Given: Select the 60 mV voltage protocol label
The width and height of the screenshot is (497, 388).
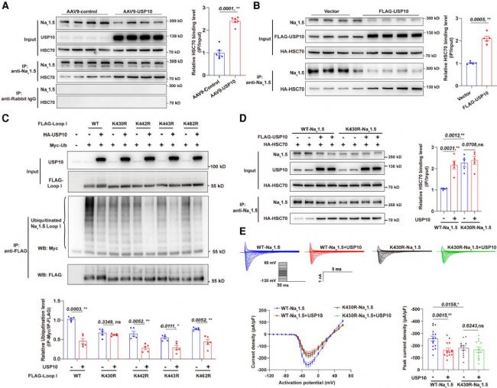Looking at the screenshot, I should [x=281, y=262].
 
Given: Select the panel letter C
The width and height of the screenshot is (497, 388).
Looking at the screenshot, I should [x=6, y=121].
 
